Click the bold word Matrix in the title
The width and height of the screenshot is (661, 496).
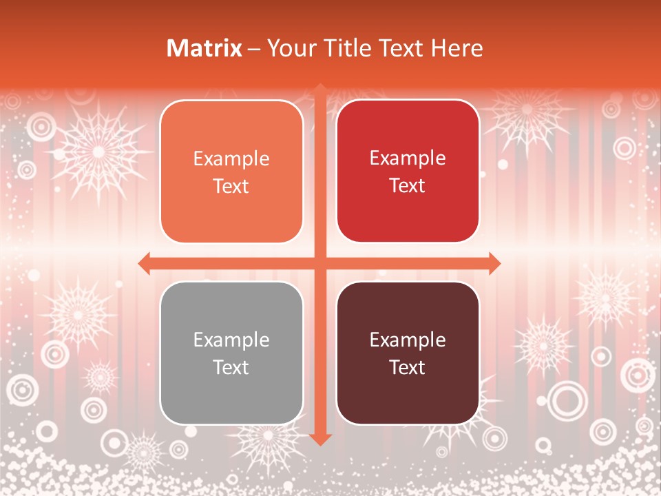(x=204, y=48)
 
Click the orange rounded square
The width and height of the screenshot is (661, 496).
(x=231, y=172)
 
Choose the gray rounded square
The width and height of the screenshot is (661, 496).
(x=231, y=353)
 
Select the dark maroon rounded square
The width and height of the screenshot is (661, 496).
(x=408, y=353)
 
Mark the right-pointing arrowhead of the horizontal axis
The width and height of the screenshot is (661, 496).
(x=494, y=262)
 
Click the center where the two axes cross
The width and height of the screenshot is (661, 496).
(x=319, y=262)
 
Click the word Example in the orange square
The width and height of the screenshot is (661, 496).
(x=231, y=159)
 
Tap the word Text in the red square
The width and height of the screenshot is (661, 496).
(x=408, y=185)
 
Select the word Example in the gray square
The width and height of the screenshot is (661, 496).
(x=231, y=340)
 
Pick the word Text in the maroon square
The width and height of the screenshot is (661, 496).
(x=408, y=367)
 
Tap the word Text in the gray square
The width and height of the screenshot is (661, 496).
(x=231, y=367)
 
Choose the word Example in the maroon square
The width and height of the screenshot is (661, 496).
(x=408, y=340)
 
